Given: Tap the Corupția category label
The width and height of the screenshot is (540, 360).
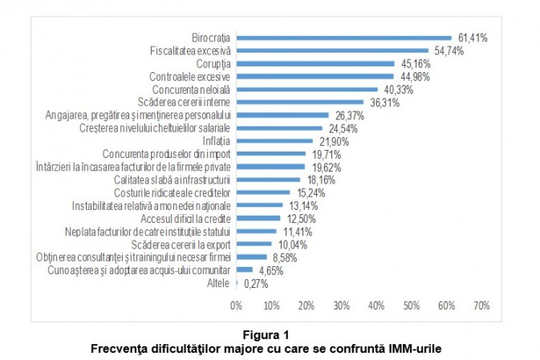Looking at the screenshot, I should [x=213, y=63].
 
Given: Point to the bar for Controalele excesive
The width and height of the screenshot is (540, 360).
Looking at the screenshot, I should [x=315, y=76].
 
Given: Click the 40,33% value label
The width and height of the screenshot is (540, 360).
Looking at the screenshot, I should [x=397, y=89].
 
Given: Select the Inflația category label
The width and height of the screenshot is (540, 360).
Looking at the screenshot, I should [x=215, y=141].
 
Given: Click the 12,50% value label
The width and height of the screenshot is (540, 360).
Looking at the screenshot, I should [x=299, y=218].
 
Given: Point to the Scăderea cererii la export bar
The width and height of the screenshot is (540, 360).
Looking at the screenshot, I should [x=254, y=244].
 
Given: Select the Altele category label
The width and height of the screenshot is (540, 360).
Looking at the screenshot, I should [x=219, y=282].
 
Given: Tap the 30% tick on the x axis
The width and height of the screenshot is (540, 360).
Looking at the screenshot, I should [x=342, y=305].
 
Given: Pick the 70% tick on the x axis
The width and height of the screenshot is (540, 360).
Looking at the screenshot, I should [x=481, y=305].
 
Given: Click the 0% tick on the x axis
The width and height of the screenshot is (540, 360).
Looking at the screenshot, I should [x=236, y=305].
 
